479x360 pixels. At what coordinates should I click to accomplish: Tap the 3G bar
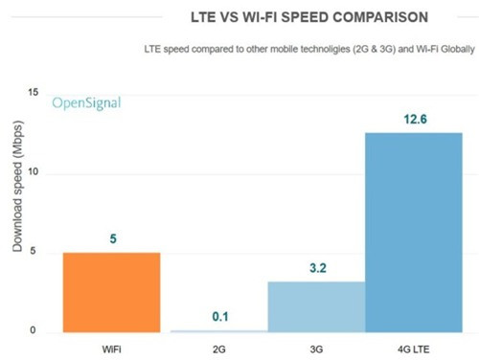[315, 306]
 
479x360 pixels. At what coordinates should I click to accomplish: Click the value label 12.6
[413, 119]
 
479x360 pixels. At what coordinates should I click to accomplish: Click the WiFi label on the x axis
[111, 347]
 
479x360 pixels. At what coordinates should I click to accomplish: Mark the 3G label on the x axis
[315, 347]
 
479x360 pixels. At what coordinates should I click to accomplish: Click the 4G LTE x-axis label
[413, 347]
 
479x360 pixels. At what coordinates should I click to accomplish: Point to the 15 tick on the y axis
[34, 93]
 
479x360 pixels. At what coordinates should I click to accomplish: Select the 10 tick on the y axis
[34, 172]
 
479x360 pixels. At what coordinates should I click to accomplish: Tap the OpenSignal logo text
[86, 102]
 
